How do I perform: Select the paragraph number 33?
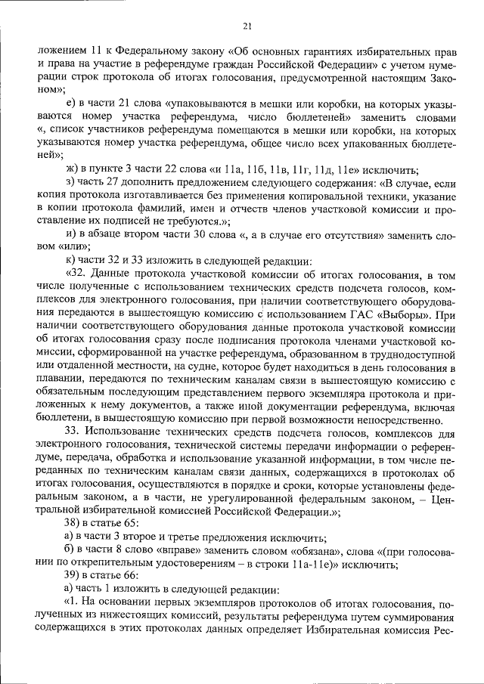75,431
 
